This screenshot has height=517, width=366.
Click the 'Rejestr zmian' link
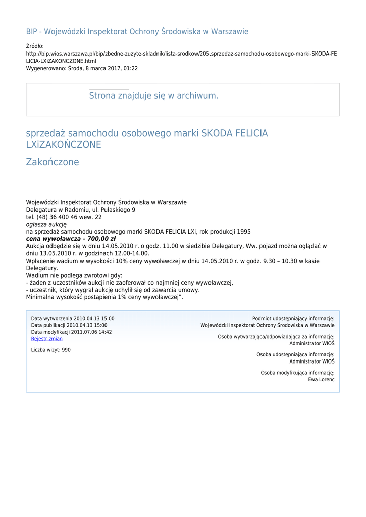[47, 339]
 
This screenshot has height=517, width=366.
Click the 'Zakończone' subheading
[53, 162]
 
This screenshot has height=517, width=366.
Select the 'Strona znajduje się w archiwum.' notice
[153, 96]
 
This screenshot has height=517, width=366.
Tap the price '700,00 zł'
[101, 239]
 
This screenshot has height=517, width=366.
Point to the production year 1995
[243, 232]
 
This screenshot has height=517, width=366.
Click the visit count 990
[66, 350]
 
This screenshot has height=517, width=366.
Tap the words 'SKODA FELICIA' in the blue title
[235, 134]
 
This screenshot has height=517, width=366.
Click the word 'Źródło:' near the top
[35, 46]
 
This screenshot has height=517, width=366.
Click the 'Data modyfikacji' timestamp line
[72, 332]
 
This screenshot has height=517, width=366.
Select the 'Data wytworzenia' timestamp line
[73, 319]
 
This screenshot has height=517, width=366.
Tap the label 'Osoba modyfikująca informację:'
[297, 373]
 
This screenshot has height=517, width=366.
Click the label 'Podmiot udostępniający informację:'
[293, 319]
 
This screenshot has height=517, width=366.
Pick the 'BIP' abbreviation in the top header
[32, 31]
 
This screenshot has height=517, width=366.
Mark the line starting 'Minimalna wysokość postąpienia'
[104, 297]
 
